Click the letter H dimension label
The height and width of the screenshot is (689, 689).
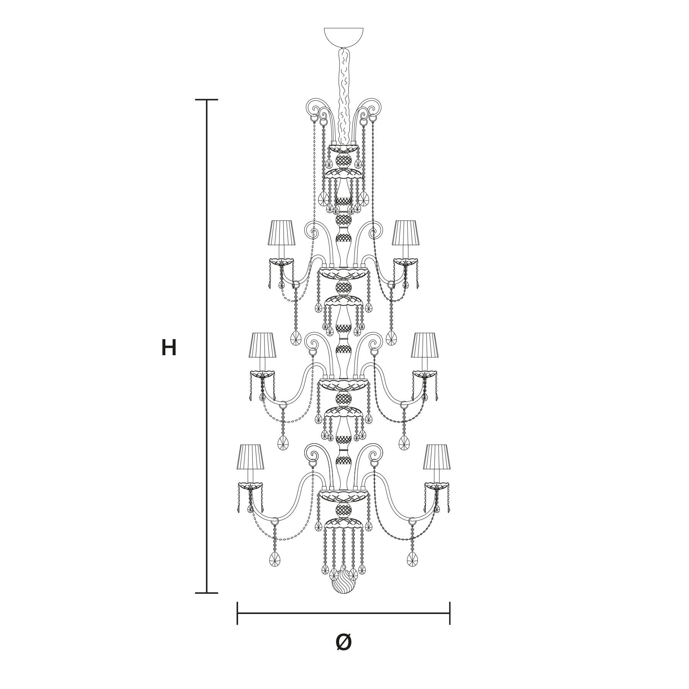coord(169,348)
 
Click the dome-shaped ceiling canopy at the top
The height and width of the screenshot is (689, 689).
coord(344,36)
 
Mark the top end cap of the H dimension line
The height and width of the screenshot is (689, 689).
coord(207,100)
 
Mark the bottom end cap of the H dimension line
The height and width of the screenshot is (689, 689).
coord(207,593)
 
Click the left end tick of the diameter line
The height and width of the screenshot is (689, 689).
coord(237,613)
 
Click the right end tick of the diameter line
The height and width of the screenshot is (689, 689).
coord(450,613)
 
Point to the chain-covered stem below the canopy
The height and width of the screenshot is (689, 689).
coord(343,96)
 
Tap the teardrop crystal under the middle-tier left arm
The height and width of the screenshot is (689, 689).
coord(283,442)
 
